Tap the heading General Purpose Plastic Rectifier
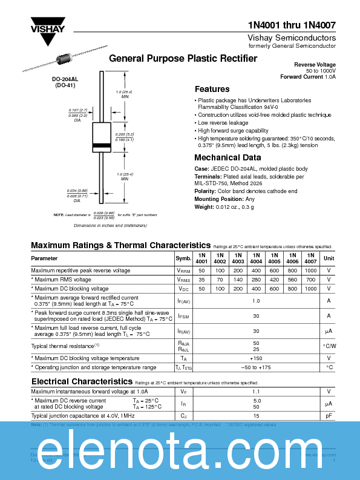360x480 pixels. click(x=183, y=59)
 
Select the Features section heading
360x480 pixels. click(x=212, y=89)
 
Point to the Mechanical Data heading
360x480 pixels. click(x=227, y=157)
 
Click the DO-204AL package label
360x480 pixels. click(x=64, y=79)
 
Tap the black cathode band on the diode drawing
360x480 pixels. click(x=102, y=146)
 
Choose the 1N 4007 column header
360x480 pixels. click(x=311, y=258)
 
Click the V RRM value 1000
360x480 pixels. click(x=311, y=270)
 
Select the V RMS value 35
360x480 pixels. click(x=201, y=280)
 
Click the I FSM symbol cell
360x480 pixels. click(x=183, y=316)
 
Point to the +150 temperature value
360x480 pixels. click(x=256, y=358)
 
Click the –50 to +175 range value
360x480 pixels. click(x=256, y=367)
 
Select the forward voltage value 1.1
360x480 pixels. click(x=256, y=392)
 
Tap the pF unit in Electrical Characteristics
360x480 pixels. click(x=329, y=416)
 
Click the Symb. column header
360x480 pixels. click(x=183, y=258)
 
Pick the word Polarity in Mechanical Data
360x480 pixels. click(x=205, y=191)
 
